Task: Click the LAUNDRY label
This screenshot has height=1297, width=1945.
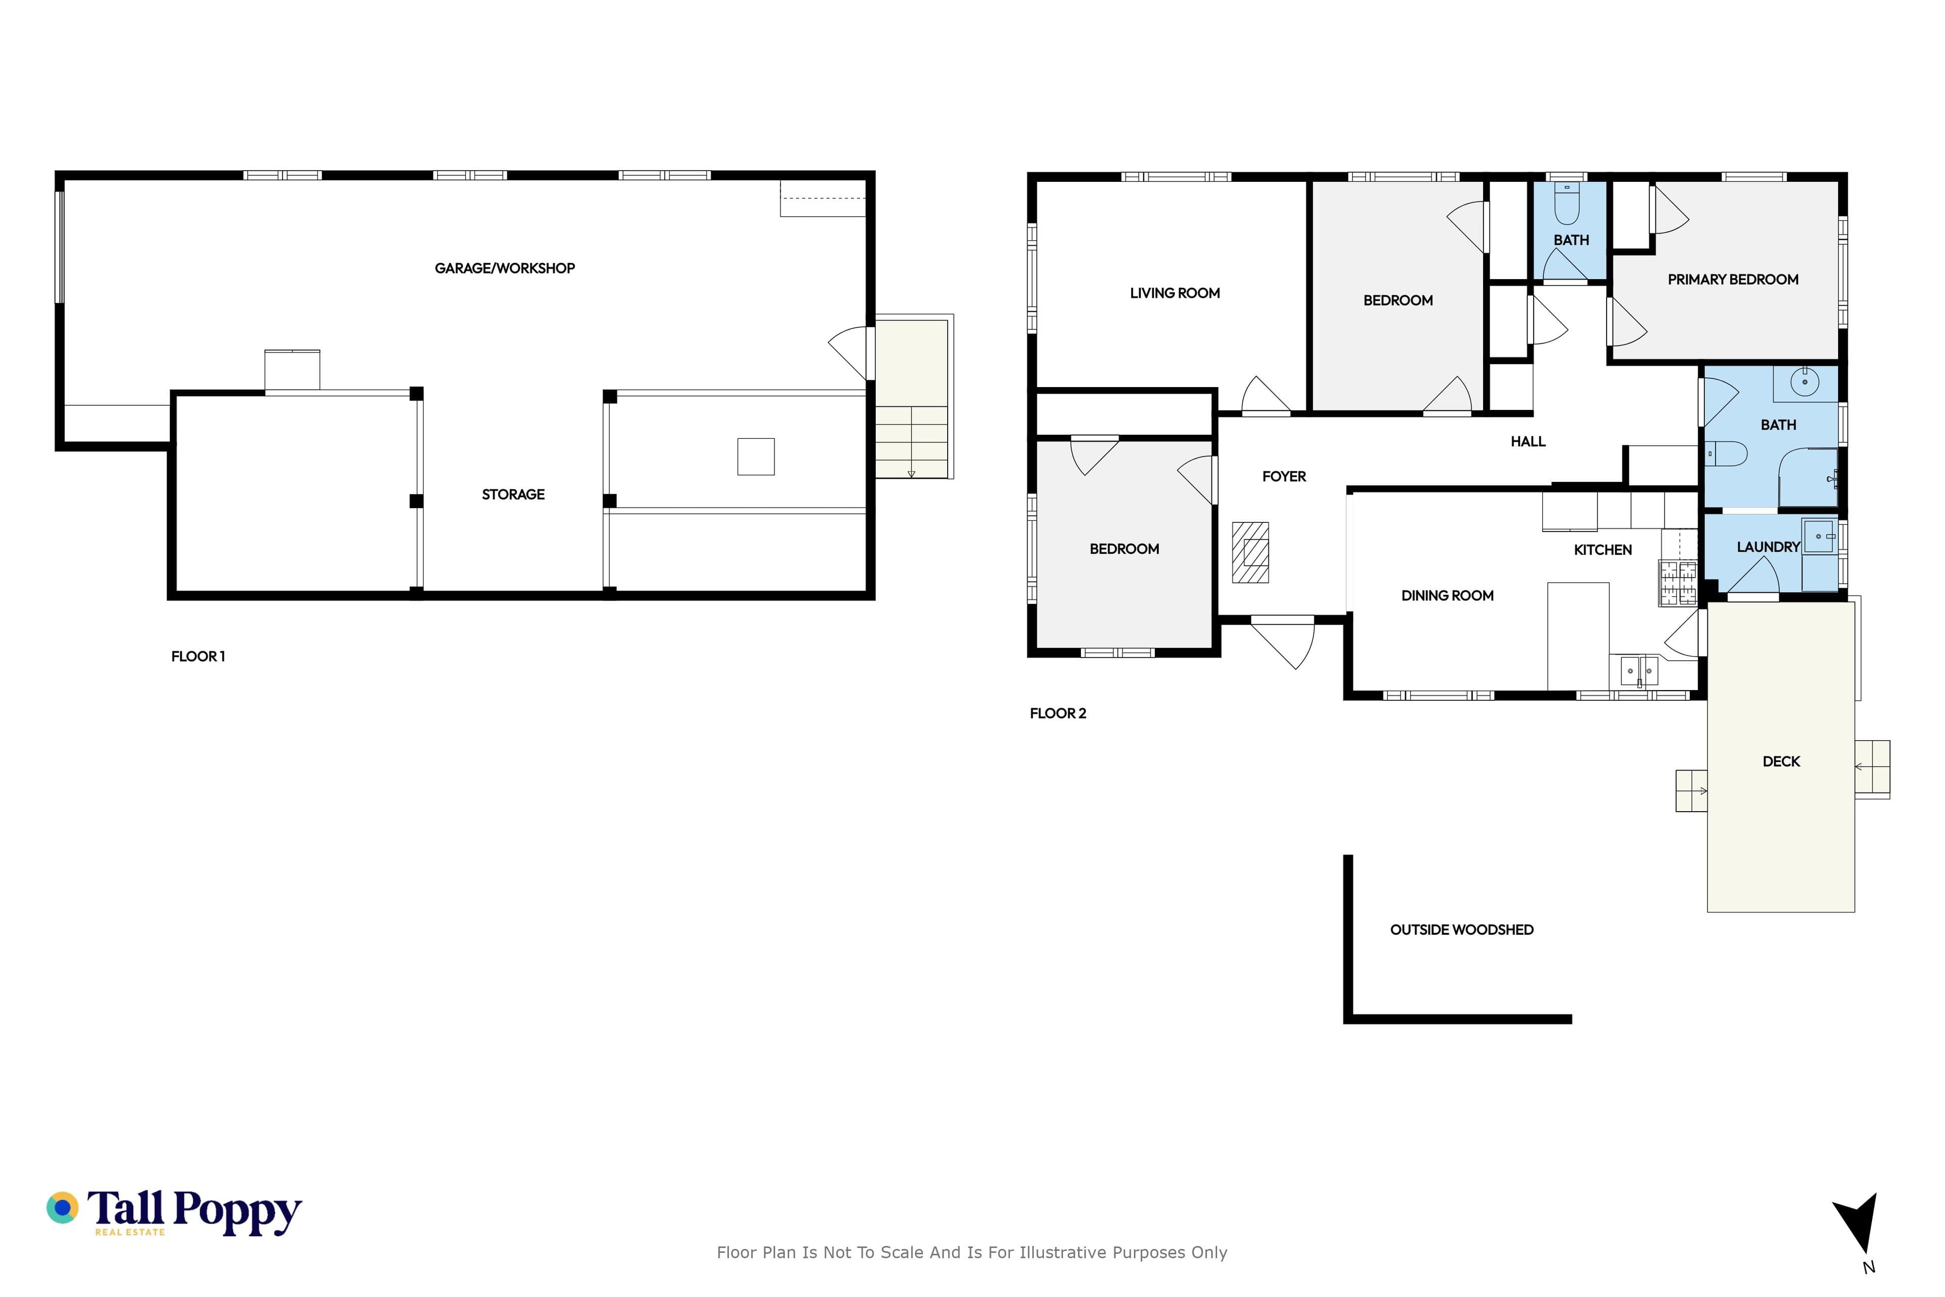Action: coord(1768,547)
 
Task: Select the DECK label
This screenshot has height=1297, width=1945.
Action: coord(1781,762)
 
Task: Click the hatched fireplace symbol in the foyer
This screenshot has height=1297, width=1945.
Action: coord(1251,553)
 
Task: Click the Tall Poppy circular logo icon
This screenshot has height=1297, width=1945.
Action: coord(62,1208)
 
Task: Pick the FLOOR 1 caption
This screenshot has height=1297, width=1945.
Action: coord(198,657)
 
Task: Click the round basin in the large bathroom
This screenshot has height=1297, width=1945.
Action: coord(1804,382)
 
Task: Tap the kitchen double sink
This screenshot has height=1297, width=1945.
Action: coord(1639,671)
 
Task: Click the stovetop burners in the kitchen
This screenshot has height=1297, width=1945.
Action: coord(1678,584)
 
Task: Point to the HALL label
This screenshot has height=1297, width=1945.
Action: coord(1528,442)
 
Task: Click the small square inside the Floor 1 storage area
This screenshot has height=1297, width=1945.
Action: coord(756,456)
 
